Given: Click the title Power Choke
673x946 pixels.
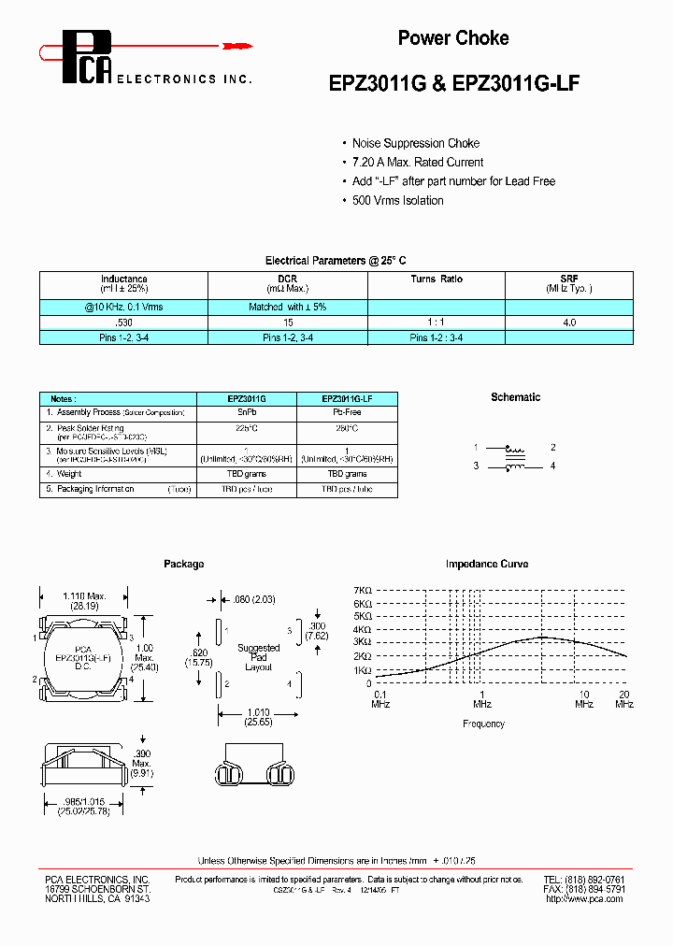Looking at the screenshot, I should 453,38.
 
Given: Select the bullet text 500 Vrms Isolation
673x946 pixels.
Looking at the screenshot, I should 397,200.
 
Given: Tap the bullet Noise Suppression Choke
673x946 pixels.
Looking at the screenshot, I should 415,143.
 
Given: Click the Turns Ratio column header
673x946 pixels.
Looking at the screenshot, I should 436,279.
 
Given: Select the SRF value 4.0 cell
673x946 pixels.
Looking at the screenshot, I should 568,322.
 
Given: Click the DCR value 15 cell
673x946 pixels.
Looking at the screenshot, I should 286,322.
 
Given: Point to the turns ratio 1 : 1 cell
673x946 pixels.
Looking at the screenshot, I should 436,322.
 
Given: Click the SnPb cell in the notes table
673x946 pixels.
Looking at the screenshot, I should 247,412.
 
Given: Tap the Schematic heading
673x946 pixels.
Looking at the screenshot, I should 515,397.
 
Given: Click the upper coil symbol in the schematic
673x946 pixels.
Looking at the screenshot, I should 513,448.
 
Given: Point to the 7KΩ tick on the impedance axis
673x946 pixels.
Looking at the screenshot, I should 363,591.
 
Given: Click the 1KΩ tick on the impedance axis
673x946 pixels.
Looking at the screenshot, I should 363,670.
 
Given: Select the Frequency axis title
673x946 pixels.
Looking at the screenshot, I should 483,724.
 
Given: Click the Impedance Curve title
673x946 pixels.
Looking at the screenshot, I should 486,564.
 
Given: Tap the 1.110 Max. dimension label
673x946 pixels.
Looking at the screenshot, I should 84,595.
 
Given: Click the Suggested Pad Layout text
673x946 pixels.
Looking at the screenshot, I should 259,657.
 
